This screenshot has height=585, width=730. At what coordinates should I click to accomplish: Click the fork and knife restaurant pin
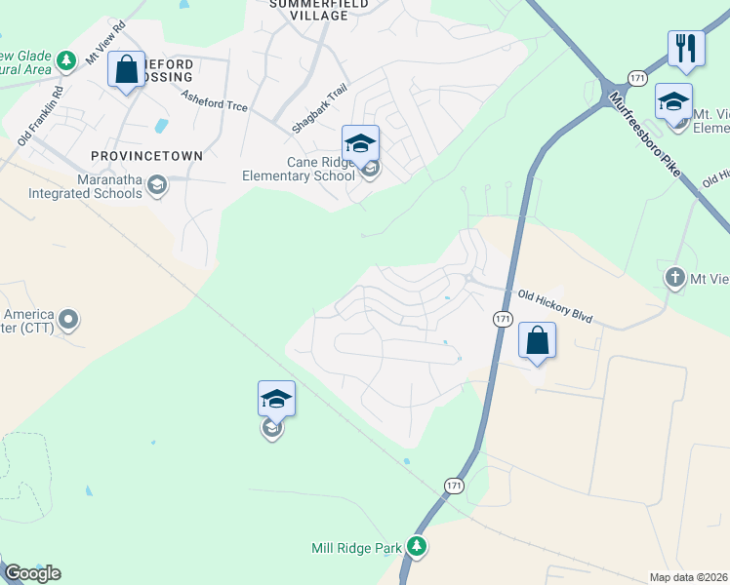(x=686, y=48)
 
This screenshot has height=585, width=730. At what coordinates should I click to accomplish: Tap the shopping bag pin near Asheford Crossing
(x=126, y=69)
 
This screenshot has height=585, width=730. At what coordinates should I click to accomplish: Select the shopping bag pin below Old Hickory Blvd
(x=537, y=340)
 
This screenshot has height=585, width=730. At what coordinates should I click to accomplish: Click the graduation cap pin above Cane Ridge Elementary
(x=360, y=144)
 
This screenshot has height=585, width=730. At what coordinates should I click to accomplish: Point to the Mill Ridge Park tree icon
(x=417, y=546)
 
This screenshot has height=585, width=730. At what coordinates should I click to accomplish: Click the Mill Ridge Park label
(x=356, y=548)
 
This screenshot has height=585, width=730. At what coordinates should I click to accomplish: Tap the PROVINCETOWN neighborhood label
(x=146, y=156)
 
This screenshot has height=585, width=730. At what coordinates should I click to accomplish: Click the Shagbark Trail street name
(x=319, y=110)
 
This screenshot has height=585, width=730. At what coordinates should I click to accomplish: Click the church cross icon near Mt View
(x=674, y=278)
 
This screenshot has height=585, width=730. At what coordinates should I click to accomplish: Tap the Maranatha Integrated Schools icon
(x=158, y=185)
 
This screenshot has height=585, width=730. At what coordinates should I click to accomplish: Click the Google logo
(x=32, y=573)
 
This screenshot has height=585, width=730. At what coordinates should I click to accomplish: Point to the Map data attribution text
(x=688, y=577)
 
